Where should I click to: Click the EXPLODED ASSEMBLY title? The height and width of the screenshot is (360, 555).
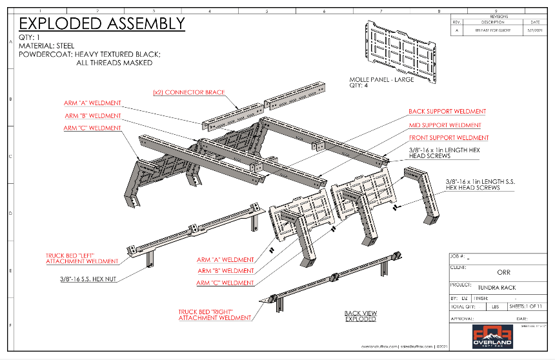tap(102, 24)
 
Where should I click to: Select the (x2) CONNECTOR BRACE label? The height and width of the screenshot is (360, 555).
tap(188, 92)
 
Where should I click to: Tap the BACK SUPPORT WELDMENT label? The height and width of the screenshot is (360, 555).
tap(447, 112)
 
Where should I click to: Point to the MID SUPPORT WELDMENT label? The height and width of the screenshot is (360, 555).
tap(445, 125)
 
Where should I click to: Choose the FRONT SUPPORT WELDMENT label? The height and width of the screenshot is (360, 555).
tap(449, 138)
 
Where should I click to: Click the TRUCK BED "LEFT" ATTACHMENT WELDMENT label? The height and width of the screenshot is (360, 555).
tap(82, 259)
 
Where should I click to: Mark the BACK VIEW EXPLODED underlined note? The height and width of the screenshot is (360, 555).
tap(360, 315)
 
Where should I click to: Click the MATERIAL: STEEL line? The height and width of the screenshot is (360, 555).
tap(46, 46)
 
